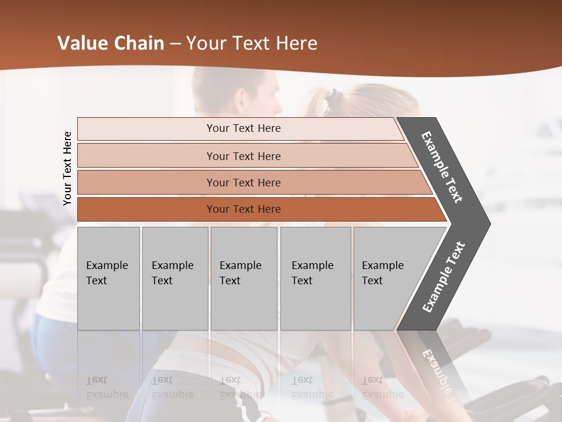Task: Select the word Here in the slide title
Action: [x=295, y=43]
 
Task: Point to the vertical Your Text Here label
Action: [x=67, y=168]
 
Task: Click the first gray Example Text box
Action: [x=108, y=278]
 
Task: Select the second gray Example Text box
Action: [x=175, y=278]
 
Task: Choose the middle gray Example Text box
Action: [x=244, y=278]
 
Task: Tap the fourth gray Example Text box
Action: [x=316, y=278]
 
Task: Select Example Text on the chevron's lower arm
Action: [x=444, y=277]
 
